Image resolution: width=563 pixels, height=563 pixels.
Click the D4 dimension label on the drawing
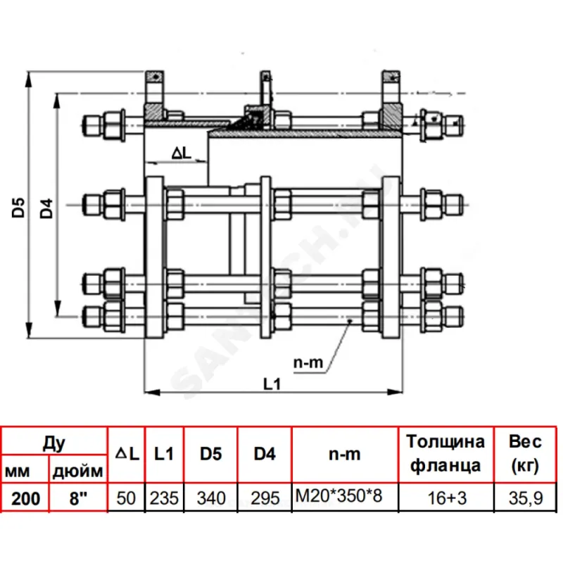[x=46, y=208]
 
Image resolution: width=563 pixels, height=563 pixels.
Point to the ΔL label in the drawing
[x=181, y=151]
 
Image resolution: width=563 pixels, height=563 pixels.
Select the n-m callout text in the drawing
[x=308, y=363]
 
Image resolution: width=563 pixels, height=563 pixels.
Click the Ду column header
[x=54, y=443]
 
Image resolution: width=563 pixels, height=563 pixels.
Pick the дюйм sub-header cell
[x=77, y=469]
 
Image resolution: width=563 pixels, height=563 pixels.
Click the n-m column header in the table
[x=345, y=455]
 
